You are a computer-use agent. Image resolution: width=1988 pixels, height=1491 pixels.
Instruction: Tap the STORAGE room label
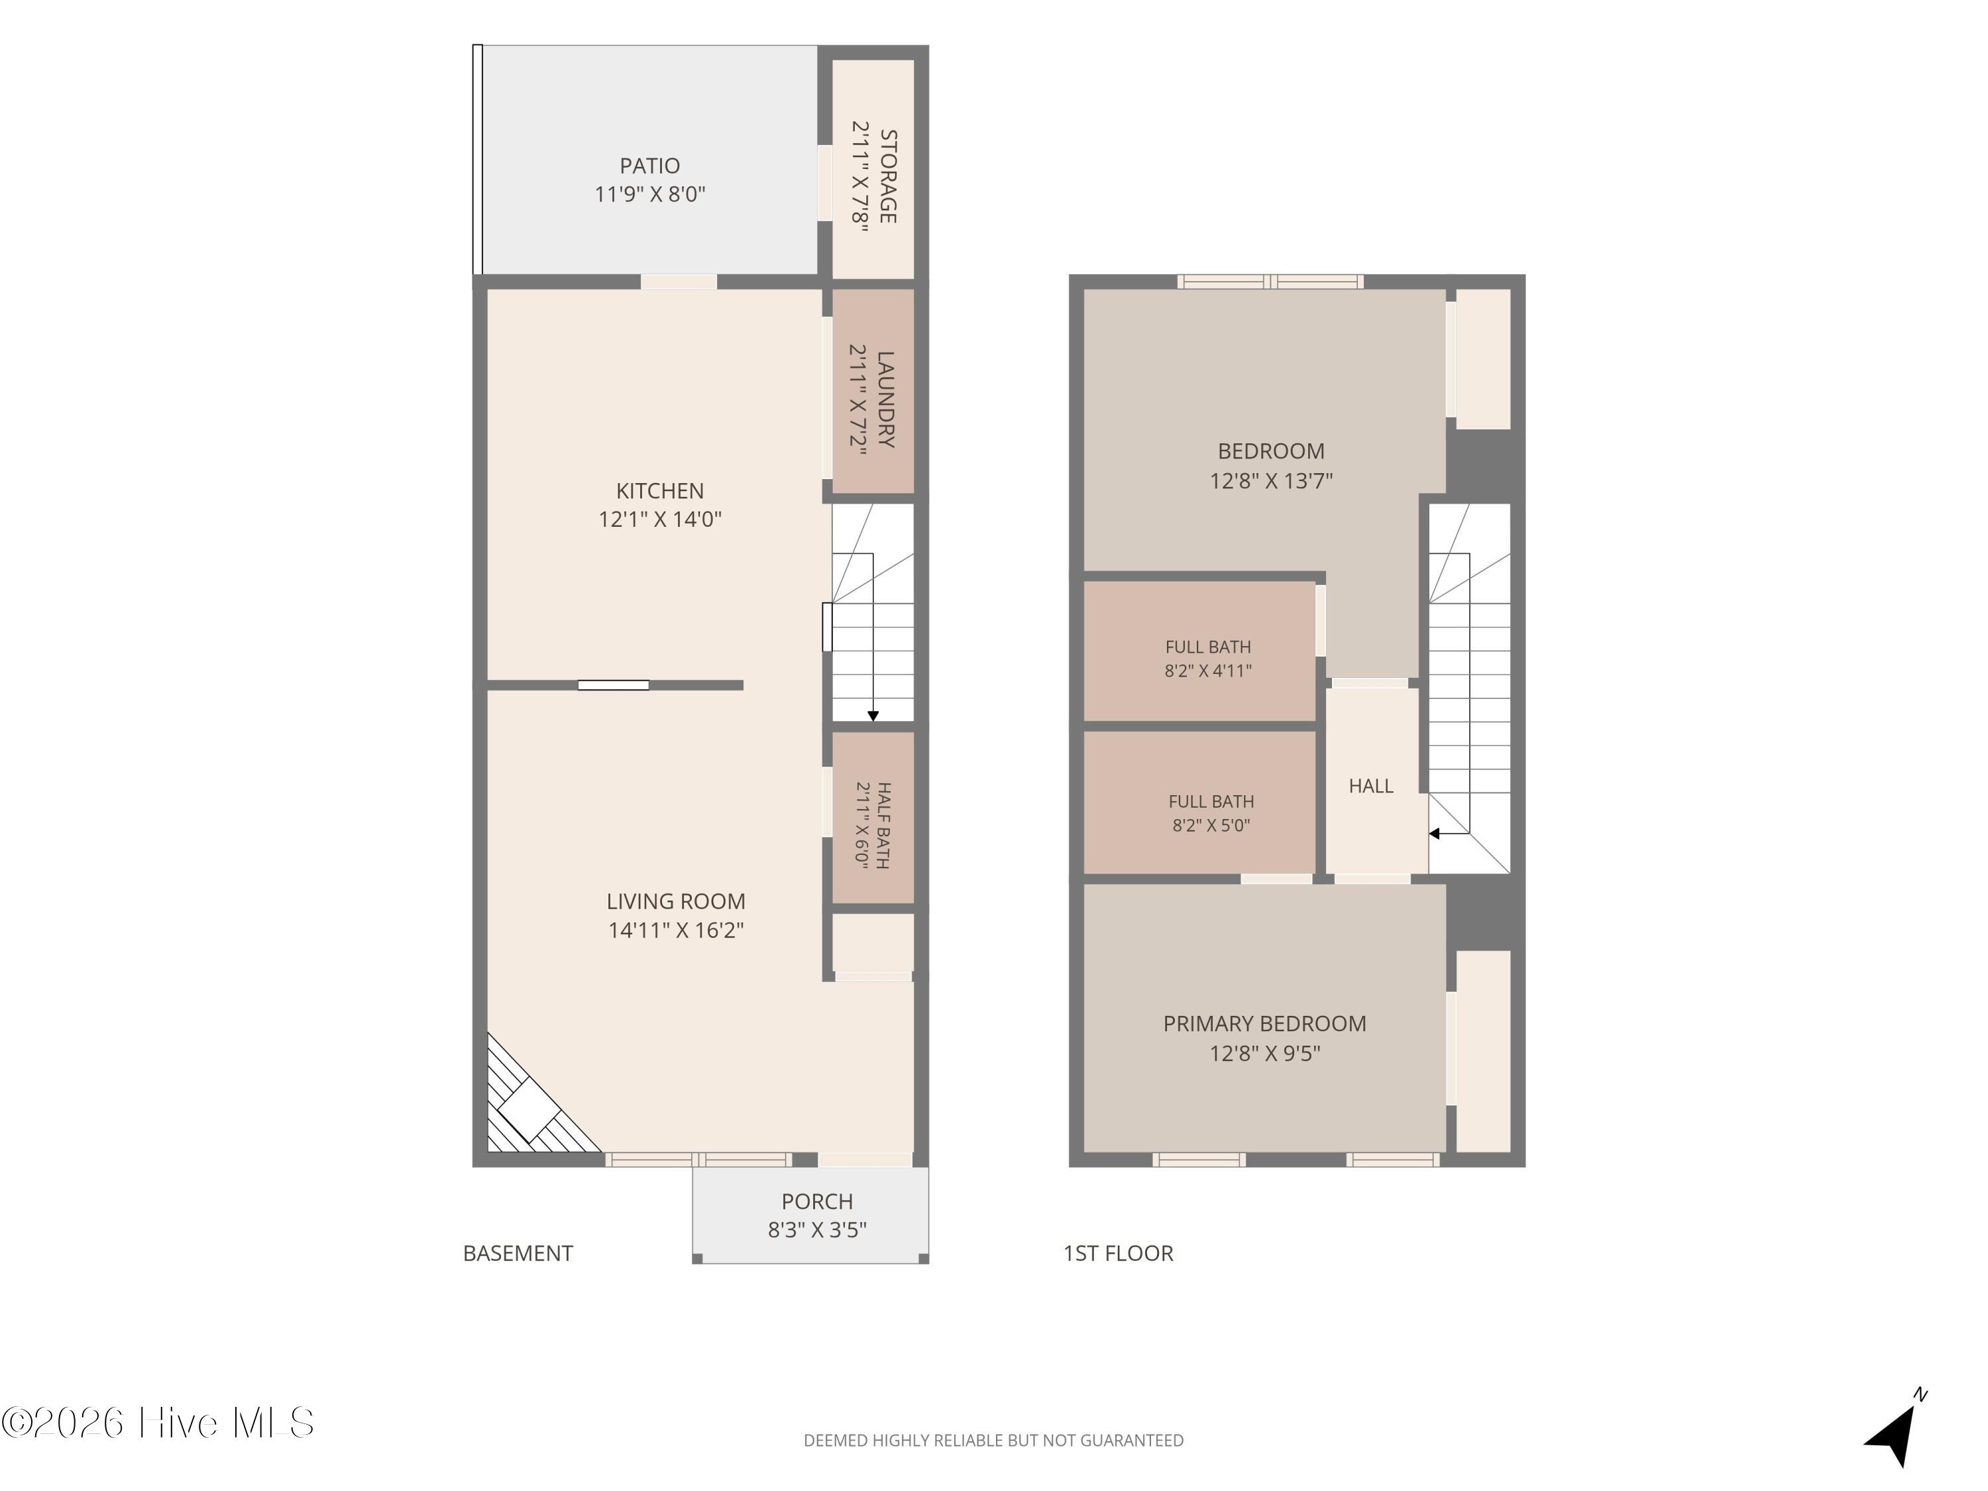click(888, 176)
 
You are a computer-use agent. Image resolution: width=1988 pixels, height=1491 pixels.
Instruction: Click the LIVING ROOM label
click(676, 901)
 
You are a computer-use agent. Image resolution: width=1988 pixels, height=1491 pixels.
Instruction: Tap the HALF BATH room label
click(883, 825)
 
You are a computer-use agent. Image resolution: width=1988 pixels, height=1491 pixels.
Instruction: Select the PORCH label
click(817, 1201)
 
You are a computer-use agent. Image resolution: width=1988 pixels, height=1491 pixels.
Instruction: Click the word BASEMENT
click(518, 1253)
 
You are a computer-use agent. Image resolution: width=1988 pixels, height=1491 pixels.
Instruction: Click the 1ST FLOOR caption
click(1118, 1253)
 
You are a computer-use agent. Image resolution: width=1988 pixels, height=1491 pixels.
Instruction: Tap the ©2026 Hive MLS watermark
click(157, 1422)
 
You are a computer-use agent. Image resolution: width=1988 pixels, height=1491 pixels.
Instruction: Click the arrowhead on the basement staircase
click(873, 716)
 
